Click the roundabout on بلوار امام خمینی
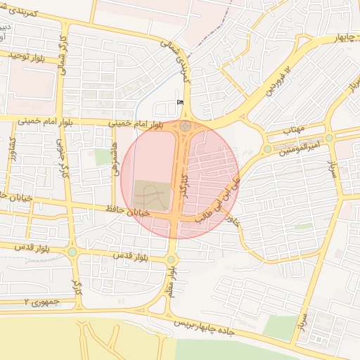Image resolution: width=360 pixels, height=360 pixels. coord(186,127)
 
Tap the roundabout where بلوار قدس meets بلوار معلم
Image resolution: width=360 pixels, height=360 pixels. coord(171,260)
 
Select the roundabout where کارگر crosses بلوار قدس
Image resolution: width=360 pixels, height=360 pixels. coord(72,251)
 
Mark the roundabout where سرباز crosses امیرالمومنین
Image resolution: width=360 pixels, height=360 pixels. coord(329,138)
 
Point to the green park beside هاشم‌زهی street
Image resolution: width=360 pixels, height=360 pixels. coord(103,156)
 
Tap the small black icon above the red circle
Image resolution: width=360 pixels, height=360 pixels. coord(180,102)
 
